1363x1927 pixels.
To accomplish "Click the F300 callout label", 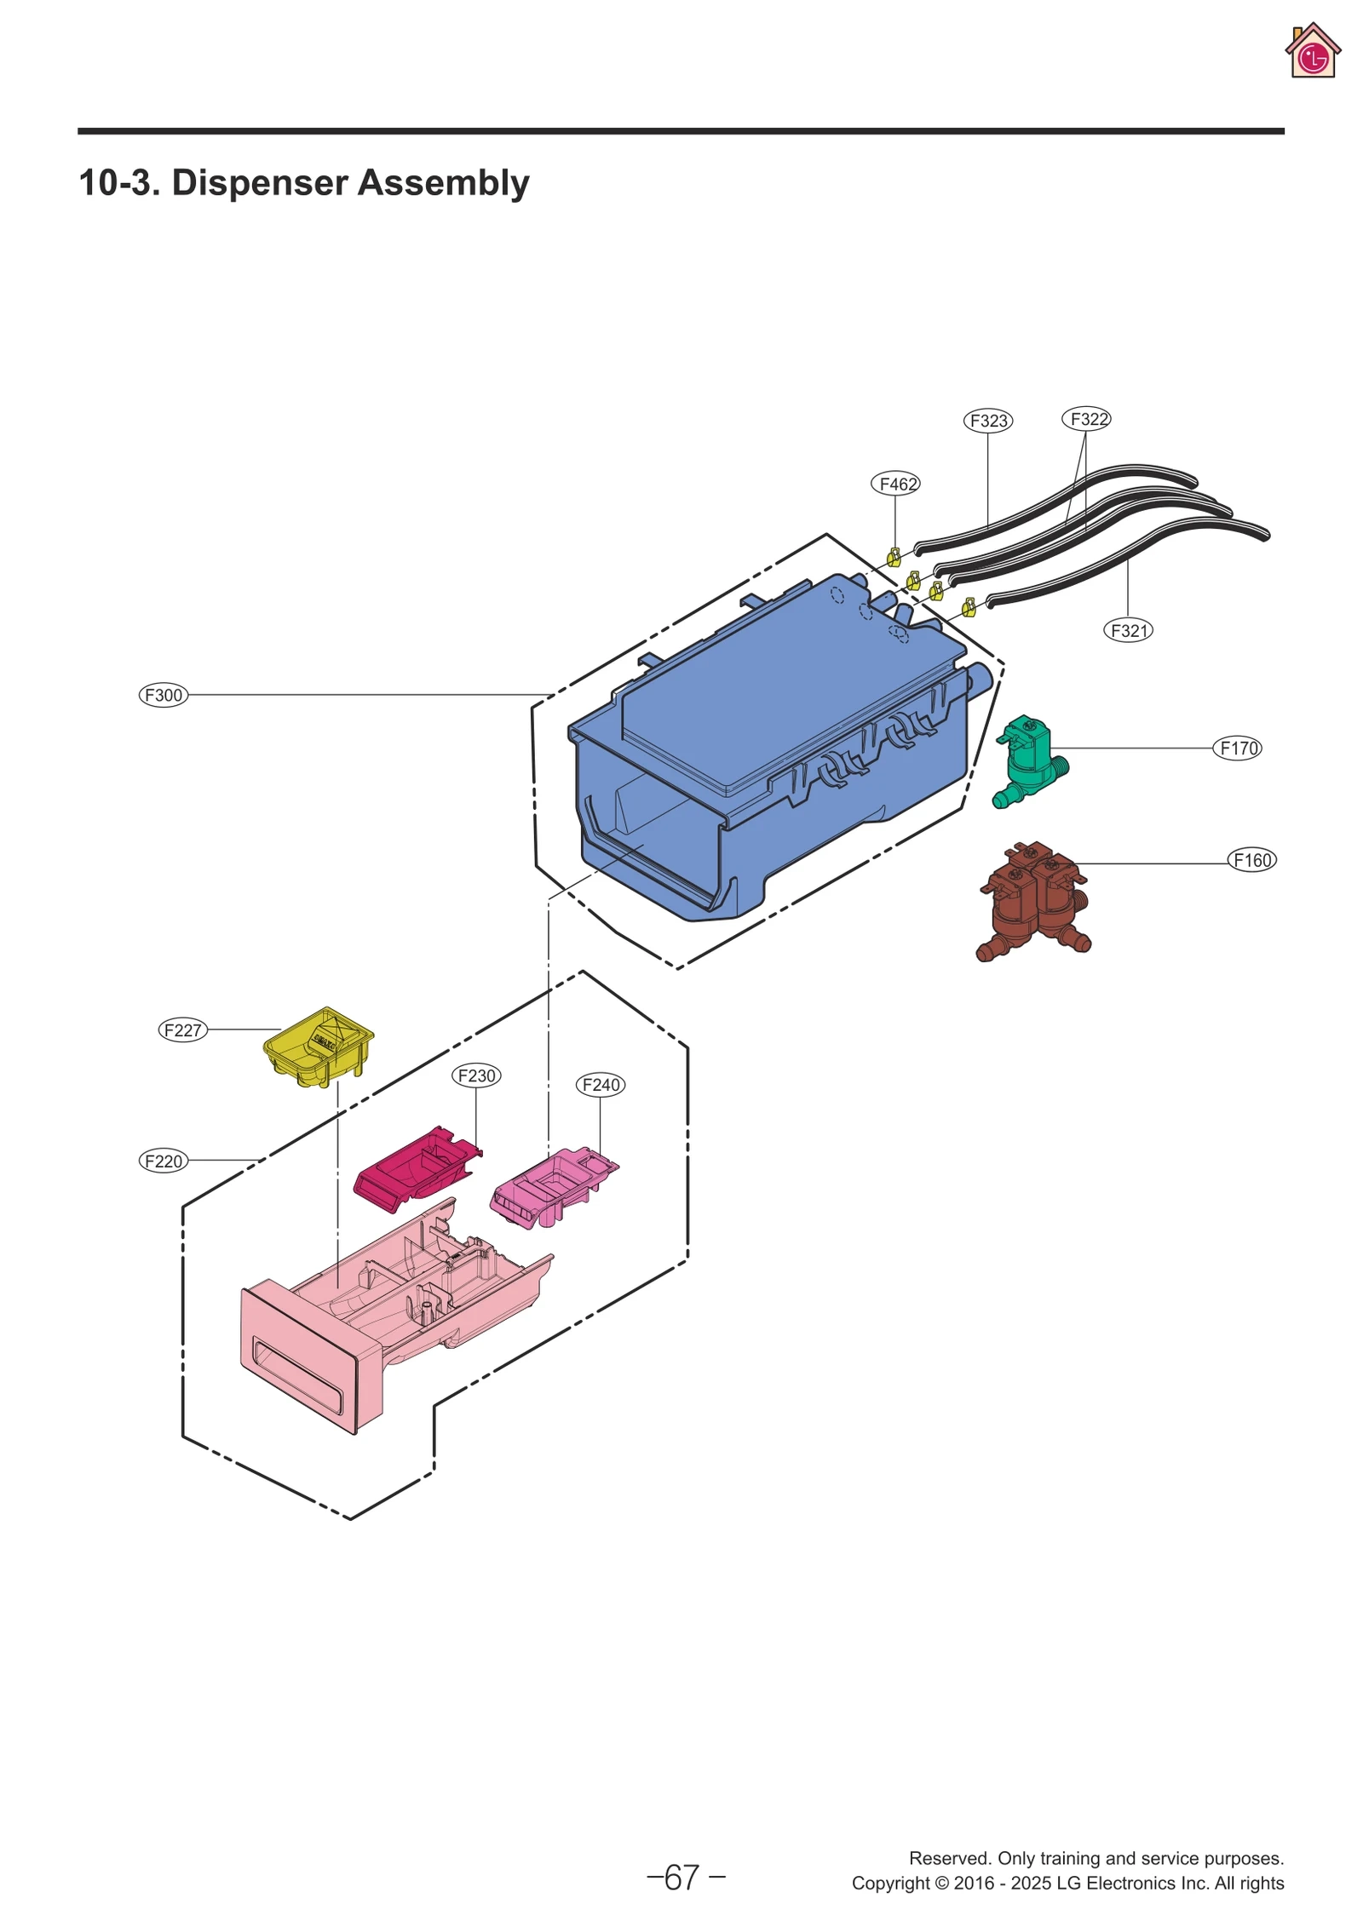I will point(163,694).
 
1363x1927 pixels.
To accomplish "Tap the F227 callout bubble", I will point(182,1029).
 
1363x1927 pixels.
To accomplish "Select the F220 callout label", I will point(163,1161).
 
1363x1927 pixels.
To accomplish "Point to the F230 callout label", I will point(475,1075).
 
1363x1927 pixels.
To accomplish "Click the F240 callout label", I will point(600,1085).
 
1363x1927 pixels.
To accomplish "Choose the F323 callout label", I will point(987,421).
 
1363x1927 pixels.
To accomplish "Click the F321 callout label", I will point(1128,631).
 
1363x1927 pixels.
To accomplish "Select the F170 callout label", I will point(1237,748).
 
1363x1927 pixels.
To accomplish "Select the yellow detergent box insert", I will point(318,1047).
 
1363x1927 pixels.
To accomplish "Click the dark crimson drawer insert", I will point(413,1167).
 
